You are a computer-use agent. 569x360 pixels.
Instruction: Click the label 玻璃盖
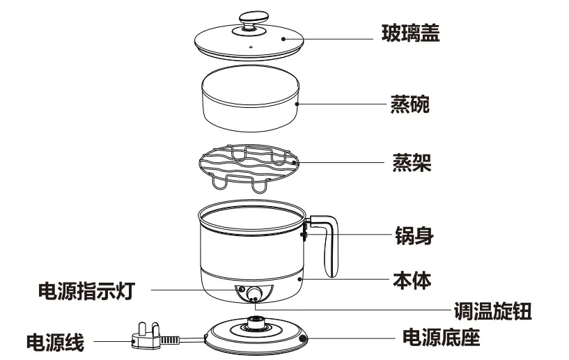tap(410, 33)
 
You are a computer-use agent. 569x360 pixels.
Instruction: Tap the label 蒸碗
tap(409, 105)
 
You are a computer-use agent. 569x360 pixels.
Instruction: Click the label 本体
tap(412, 281)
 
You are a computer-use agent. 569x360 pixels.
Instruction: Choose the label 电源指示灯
tap(84, 290)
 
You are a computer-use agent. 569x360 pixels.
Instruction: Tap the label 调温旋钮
tap(492, 311)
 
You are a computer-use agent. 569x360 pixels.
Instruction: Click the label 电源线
tap(55, 342)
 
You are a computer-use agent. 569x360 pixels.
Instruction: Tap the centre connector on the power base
tap(256, 323)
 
